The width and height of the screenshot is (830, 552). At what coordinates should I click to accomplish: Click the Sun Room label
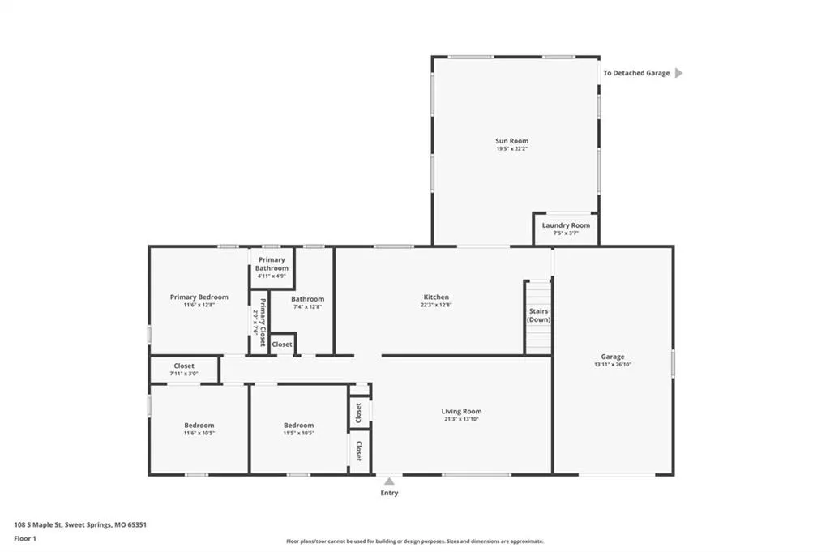tap(512, 141)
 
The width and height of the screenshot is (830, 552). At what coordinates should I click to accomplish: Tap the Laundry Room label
tap(566, 225)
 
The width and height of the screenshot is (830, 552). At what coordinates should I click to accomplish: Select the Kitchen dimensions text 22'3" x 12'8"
tap(436, 305)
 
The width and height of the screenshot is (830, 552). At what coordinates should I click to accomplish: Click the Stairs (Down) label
tap(538, 315)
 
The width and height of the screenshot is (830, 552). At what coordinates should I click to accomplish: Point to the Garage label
tap(613, 357)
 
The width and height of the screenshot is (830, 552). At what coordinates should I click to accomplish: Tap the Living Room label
tap(461, 411)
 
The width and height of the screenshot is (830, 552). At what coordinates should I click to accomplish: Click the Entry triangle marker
tap(389, 481)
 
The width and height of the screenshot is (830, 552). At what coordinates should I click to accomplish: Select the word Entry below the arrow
tap(389, 493)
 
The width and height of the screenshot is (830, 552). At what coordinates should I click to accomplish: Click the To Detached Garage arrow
tap(678, 73)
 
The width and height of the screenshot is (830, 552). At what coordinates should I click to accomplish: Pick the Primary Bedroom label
tap(199, 297)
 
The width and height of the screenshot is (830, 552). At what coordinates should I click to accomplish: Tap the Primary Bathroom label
tap(272, 264)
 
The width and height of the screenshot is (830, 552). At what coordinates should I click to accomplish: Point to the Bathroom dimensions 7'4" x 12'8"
tap(307, 307)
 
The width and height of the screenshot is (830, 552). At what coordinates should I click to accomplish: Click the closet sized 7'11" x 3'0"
tap(184, 369)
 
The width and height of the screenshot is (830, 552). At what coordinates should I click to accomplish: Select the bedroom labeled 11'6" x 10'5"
tap(199, 428)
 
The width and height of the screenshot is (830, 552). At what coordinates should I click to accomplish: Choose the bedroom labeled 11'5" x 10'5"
tap(298, 428)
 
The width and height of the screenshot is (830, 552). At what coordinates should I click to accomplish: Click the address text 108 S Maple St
tap(38, 525)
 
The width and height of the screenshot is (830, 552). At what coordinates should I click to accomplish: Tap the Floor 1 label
tap(25, 539)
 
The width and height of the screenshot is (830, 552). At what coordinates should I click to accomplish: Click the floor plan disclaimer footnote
tap(415, 541)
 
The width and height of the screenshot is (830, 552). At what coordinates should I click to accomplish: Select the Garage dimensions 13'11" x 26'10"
tap(613, 365)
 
